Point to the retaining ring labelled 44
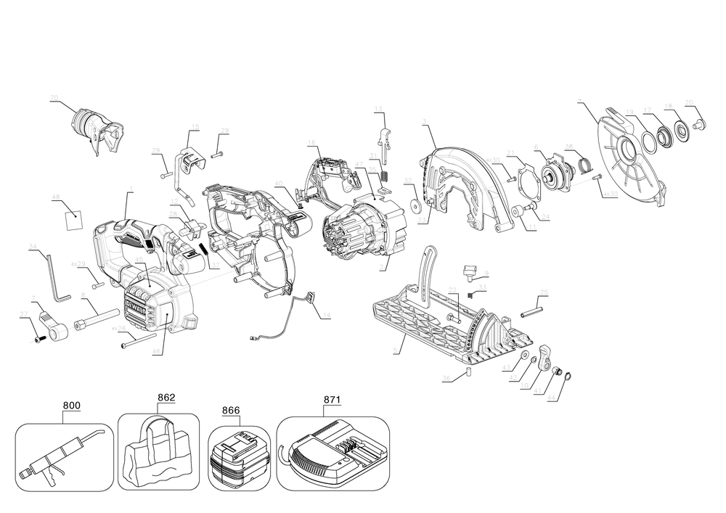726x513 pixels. point(568,375)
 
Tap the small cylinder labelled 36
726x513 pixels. point(469,372)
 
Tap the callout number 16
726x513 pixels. point(311,141)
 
